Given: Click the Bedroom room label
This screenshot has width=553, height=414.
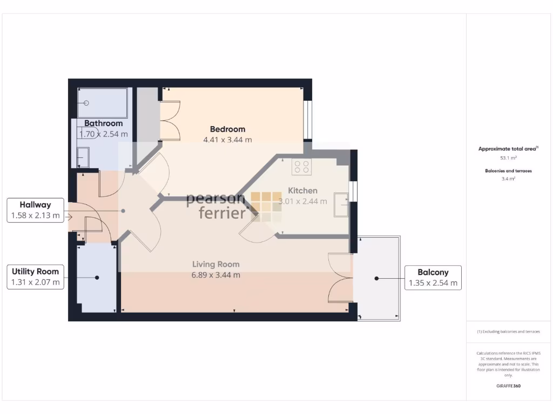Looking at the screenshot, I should point(227,129).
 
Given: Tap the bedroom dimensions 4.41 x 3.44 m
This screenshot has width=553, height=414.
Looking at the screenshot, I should point(227,140).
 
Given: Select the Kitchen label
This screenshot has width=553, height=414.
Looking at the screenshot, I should point(302,190).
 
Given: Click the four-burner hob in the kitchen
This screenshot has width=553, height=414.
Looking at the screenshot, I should point(301,167).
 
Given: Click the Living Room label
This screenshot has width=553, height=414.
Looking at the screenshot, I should point(216,264).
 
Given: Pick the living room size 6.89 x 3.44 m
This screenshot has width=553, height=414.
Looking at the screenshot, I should point(216,275).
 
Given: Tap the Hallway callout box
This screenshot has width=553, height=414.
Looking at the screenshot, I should point(35,210).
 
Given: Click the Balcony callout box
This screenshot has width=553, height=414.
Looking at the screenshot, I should point(433,277).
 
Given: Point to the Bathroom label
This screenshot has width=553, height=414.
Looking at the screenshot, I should point(103,123).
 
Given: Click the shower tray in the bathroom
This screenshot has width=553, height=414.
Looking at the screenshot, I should point(103,103).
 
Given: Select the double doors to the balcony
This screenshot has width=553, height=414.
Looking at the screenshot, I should point(340,278).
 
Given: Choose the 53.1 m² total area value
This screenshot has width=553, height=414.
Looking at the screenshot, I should point(508,158).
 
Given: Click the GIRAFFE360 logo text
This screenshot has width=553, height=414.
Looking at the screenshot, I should point(508,386).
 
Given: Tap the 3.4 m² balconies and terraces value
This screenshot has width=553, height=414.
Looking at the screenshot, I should point(508,178).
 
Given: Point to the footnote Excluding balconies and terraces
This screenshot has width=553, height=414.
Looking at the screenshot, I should point(508,332).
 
